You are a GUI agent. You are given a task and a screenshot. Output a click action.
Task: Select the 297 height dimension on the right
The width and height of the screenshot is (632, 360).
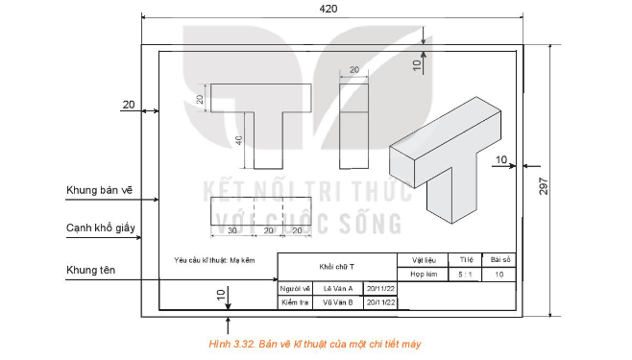544,188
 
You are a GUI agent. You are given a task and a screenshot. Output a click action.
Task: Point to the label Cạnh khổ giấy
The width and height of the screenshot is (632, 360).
101,229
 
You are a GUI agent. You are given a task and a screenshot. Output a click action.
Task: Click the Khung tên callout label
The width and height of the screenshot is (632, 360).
90,272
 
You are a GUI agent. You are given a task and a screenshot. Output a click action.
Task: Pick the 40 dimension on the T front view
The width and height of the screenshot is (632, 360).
237,140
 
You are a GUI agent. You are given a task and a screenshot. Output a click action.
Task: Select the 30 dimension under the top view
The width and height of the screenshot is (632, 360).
232,231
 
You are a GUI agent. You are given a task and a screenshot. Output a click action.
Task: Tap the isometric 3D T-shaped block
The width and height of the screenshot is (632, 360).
447,162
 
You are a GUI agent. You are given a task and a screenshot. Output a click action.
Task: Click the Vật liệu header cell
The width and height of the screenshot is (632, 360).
424,259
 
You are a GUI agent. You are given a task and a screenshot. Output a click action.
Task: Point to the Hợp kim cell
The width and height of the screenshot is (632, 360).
424,275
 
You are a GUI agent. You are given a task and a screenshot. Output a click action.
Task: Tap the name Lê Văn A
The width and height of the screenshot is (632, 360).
337,288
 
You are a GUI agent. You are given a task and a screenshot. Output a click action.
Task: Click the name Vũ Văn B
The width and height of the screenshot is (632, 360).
337,302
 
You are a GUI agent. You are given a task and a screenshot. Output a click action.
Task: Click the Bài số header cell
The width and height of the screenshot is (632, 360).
499,259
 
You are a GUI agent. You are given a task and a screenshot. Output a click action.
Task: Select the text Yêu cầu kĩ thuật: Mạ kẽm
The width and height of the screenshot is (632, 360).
215,260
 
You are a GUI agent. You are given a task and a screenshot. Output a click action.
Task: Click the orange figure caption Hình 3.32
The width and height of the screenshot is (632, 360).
315,343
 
